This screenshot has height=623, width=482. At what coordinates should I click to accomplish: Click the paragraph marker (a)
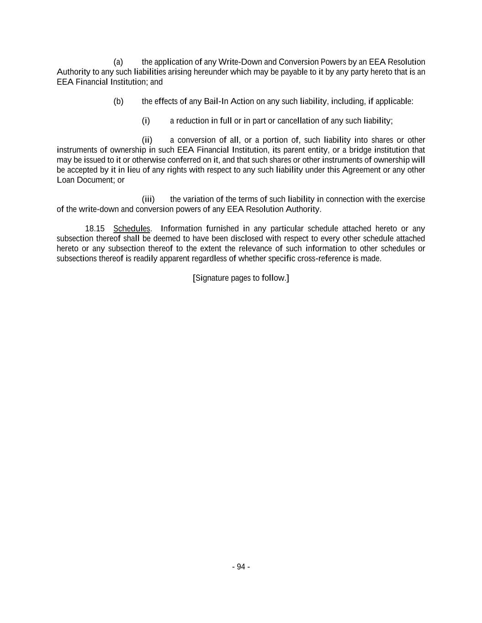point(118,62)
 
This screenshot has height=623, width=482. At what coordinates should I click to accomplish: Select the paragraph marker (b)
point(118,101)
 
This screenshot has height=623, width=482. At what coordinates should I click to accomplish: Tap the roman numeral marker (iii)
point(148,199)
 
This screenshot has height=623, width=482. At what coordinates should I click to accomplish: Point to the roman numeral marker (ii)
point(147,140)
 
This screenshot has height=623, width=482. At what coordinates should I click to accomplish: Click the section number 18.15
point(95,229)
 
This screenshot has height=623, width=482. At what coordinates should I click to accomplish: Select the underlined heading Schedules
point(132,229)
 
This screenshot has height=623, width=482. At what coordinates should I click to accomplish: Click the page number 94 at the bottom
point(241,567)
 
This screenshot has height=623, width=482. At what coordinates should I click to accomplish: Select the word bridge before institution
point(360,150)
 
